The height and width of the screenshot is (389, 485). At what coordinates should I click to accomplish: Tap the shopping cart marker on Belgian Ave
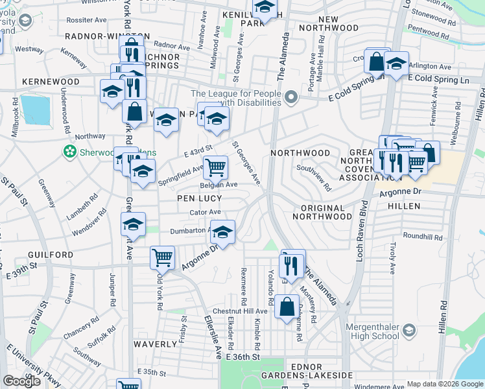(215, 167)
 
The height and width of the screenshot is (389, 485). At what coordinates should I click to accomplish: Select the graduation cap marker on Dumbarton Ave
(222, 233)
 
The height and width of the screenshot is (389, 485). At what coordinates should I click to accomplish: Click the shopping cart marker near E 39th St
(162, 257)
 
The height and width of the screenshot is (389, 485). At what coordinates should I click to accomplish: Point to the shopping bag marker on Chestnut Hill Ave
(287, 306)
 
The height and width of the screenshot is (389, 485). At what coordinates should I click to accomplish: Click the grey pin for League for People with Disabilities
(290, 99)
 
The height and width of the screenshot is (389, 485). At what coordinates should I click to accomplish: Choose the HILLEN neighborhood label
(404, 206)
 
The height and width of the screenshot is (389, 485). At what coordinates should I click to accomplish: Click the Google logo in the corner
(22, 381)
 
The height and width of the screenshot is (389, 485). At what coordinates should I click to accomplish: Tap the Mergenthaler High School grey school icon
(409, 331)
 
